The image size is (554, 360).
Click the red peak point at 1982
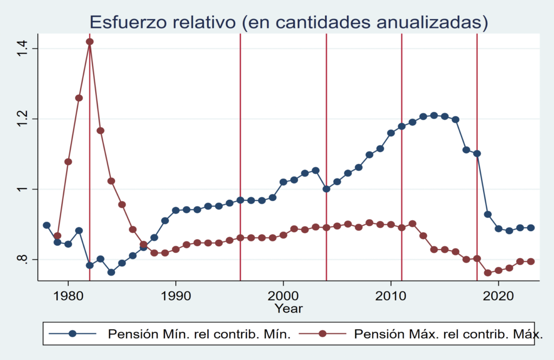[x=90, y=42]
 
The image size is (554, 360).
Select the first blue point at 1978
[x=47, y=225]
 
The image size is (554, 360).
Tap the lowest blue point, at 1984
[x=111, y=272]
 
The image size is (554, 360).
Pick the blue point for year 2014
[x=434, y=115]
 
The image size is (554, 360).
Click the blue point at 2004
[x=326, y=189]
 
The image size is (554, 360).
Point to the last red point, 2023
[x=531, y=261]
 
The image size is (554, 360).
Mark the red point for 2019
[x=487, y=272]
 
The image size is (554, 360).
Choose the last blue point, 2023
[x=531, y=228]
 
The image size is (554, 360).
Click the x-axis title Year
[x=288, y=309]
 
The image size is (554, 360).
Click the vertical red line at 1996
[x=240, y=162]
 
